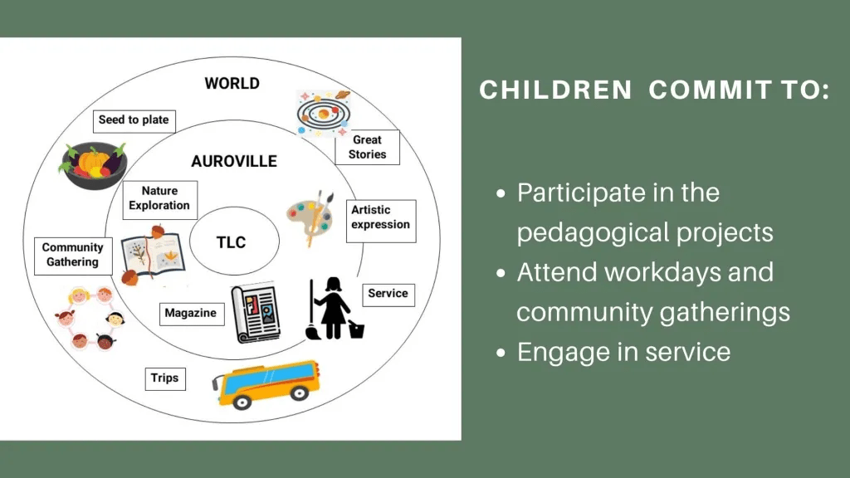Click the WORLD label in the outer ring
(232, 84)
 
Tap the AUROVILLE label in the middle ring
(234, 162)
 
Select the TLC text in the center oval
(232, 242)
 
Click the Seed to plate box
(134, 121)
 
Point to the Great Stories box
(367, 147)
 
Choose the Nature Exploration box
(160, 200)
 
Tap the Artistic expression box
(381, 221)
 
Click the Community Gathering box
(73, 256)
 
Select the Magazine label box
(192, 314)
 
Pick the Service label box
(388, 295)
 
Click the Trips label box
(165, 378)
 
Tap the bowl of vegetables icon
(94, 165)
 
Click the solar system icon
(324, 113)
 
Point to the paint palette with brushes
(310, 217)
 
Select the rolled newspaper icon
(256, 312)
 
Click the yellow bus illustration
(266, 384)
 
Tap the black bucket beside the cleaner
(356, 329)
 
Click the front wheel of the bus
(242, 402)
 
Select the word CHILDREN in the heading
(555, 90)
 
